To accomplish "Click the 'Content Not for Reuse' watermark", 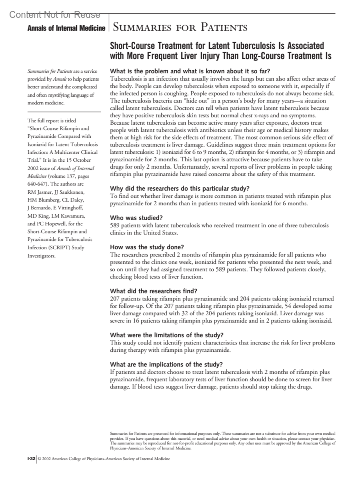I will pyautogui.click(x=55, y=15).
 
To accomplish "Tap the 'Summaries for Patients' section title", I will pyautogui.click(x=180, y=28).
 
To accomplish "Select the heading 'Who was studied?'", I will pyautogui.click(x=136, y=218).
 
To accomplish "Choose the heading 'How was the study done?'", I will pyautogui.click(x=147, y=247).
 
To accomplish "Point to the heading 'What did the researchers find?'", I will pyautogui.click(x=153, y=291).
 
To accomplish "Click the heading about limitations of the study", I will pyautogui.click(x=167, y=335).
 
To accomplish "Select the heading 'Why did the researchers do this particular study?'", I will pyautogui.click(x=180, y=188).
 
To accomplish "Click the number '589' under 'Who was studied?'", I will pyautogui.click(x=115, y=225).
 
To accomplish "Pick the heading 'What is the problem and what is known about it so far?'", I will pyautogui.click(x=190, y=71).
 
